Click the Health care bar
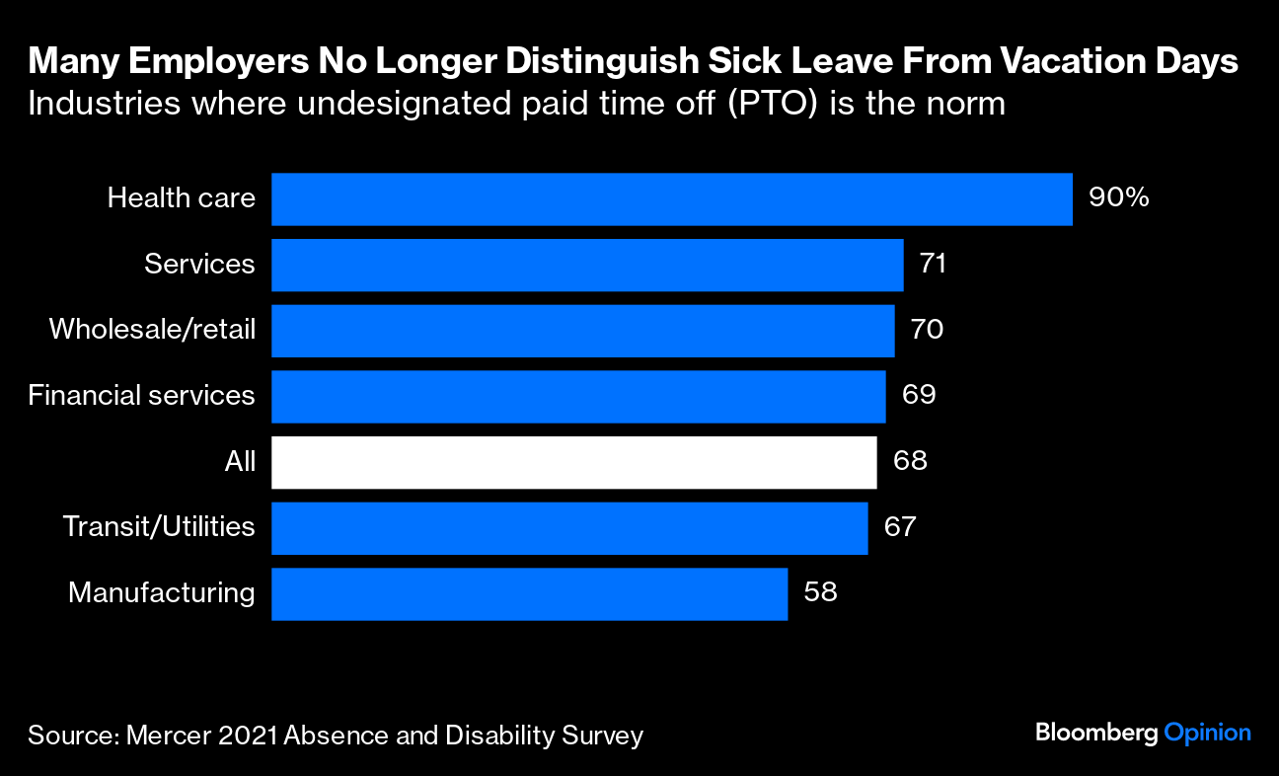click(671, 199)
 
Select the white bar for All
click(573, 462)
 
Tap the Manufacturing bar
click(529, 594)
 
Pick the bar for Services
click(587, 265)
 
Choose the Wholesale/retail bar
click(582, 331)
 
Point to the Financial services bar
click(578, 396)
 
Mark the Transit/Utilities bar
click(569, 528)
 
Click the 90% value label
click(1118, 197)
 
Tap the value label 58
click(821, 592)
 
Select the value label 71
click(933, 264)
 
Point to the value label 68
click(910, 461)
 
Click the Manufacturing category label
click(161, 593)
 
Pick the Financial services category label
click(141, 396)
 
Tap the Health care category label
click(181, 198)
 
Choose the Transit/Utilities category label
click(159, 527)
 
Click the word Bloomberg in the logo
click(1095, 734)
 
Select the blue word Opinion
click(1207, 734)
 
